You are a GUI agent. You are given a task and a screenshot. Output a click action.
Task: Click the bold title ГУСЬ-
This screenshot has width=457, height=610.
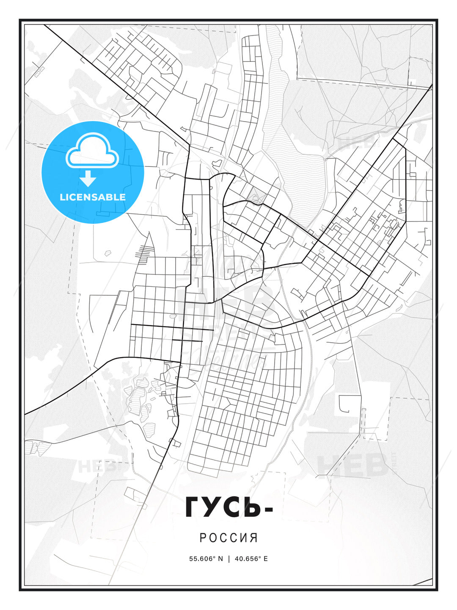click(228, 507)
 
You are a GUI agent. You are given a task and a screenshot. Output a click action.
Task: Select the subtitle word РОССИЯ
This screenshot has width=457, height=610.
click(228, 538)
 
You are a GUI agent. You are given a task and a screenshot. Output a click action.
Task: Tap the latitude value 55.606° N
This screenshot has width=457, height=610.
click(206, 559)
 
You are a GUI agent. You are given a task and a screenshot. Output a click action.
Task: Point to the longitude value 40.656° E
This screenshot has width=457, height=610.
click(251, 559)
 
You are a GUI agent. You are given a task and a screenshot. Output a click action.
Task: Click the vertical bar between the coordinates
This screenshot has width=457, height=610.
click(228, 559)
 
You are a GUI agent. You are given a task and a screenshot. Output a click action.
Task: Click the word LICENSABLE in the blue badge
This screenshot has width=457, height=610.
click(93, 197)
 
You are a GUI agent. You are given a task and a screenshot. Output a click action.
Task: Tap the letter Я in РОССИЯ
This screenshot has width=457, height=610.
click(254, 538)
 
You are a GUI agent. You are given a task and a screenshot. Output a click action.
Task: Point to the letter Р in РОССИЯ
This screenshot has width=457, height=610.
click(203, 538)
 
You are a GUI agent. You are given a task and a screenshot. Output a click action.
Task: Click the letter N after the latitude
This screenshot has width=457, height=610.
click(220, 559)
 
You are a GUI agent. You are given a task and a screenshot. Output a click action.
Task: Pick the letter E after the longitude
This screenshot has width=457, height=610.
click(265, 559)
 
